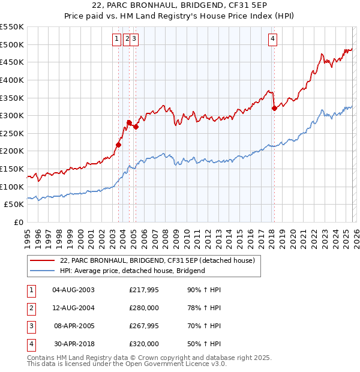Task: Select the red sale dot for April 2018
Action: click(274, 108)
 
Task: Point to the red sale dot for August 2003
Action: click(118, 145)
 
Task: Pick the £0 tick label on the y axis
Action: click(18, 222)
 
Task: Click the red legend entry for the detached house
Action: click(158, 260)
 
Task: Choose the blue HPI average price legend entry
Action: click(133, 271)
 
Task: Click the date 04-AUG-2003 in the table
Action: click(74, 290)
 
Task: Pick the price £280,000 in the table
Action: click(143, 308)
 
